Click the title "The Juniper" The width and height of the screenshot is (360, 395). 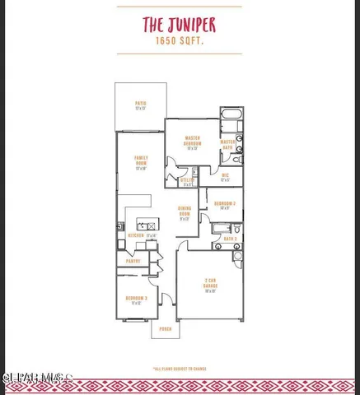coord(180,25)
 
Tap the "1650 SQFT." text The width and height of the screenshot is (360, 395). coord(180,40)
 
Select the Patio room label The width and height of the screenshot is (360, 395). coord(140,105)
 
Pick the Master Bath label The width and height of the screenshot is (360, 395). coord(228,143)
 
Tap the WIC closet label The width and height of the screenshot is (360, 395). coord(225,176)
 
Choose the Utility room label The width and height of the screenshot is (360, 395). coord(187,181)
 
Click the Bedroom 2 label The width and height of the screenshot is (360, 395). coord(225,204)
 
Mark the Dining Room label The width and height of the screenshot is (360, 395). coord(185,214)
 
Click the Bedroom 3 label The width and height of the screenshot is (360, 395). coord(136,300)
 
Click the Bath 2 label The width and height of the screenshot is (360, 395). coord(230,239)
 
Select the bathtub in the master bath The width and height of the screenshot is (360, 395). coord(231,115)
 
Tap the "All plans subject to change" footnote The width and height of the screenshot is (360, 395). coord(180,369)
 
